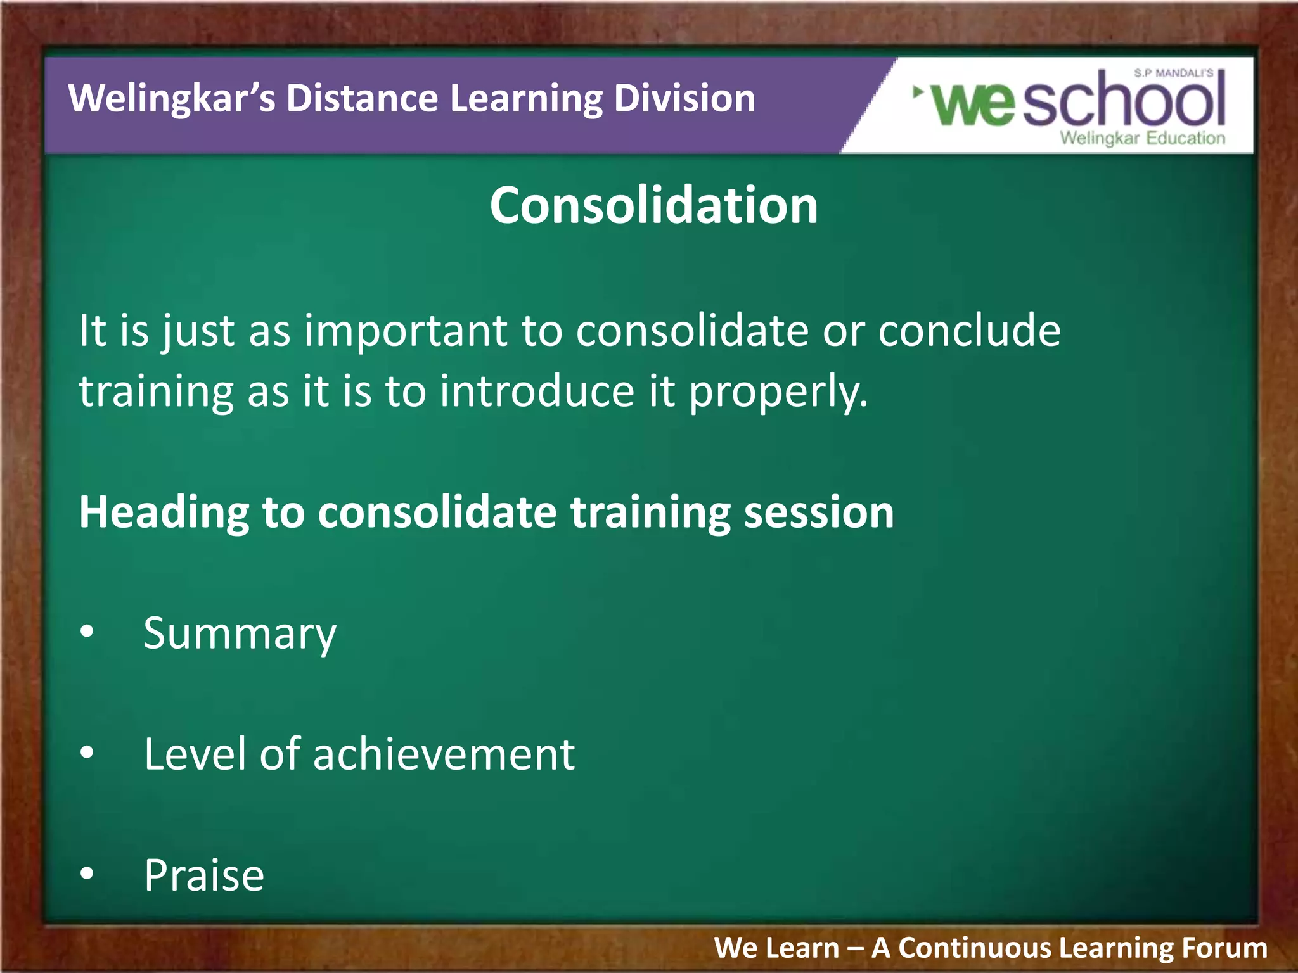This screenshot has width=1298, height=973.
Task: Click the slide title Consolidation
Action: click(x=653, y=206)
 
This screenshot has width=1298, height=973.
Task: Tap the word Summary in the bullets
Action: click(x=240, y=633)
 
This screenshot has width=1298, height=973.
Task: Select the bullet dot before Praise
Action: click(x=87, y=874)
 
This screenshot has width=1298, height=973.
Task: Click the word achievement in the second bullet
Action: click(x=444, y=754)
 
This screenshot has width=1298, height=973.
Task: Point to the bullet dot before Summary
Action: click(x=87, y=631)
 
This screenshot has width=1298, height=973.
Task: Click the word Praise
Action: click(x=204, y=875)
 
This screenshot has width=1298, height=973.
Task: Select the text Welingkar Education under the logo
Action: click(x=1142, y=138)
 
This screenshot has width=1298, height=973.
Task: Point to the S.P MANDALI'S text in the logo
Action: click(x=1173, y=73)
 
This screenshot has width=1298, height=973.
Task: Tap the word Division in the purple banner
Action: click(x=684, y=99)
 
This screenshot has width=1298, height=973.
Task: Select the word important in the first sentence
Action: click(x=406, y=332)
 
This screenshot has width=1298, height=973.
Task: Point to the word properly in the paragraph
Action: click(x=778, y=393)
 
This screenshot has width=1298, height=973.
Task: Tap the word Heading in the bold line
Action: click(x=164, y=512)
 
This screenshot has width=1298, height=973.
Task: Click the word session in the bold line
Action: click(x=819, y=512)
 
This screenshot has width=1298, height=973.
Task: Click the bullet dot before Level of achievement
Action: click(x=87, y=752)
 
